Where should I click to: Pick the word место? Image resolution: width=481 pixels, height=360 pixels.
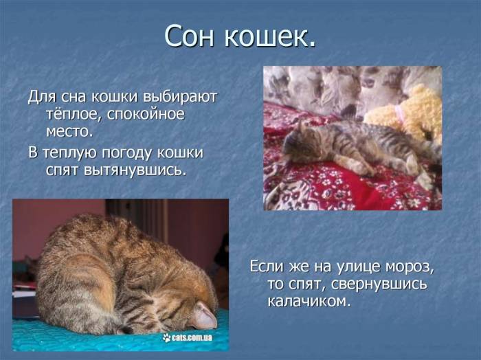[x=69, y=131]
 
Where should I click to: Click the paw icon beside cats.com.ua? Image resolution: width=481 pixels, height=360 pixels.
[x=166, y=337]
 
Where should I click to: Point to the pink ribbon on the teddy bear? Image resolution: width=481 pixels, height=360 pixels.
[x=399, y=111]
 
